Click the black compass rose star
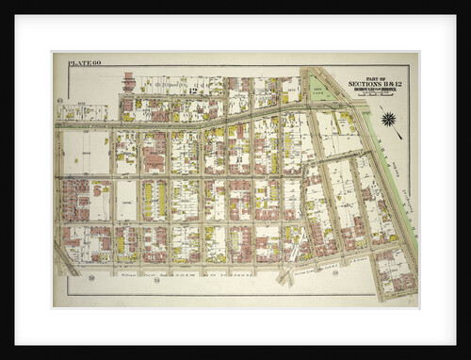point(387,119)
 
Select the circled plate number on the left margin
point(59,100)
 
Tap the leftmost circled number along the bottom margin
point(91,277)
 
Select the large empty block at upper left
point(86,151)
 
